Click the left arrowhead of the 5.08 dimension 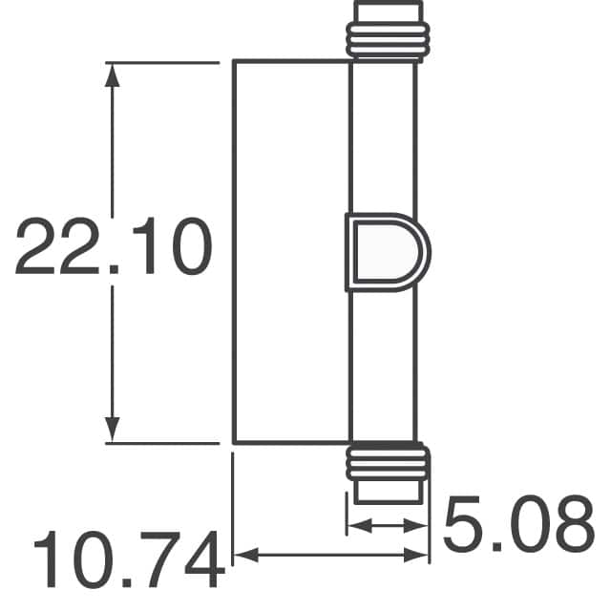click(354, 524)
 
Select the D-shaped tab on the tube click(384, 250)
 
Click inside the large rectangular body click(291, 252)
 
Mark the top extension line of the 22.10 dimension click(162, 62)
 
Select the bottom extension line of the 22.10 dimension click(162, 443)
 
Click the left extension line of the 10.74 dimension click(234, 506)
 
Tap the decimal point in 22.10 click(113, 270)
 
